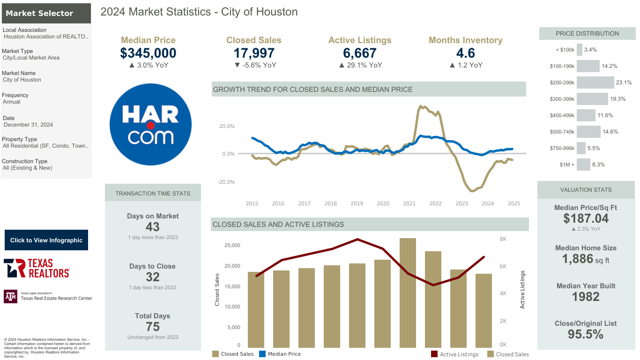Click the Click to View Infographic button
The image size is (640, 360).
(46, 240)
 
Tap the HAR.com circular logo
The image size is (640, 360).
(150, 124)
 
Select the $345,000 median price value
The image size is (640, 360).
(148, 53)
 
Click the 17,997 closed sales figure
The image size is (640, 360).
(254, 53)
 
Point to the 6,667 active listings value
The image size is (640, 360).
(360, 53)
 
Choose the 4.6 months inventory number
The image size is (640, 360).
(465, 53)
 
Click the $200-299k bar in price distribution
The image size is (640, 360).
(595, 82)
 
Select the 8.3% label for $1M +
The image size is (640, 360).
(598, 165)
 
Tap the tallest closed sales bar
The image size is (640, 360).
(408, 293)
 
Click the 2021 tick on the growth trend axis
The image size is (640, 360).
(409, 203)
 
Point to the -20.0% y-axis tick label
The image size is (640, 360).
(226, 182)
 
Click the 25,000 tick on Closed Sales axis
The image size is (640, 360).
(232, 245)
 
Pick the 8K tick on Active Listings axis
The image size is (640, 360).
(503, 239)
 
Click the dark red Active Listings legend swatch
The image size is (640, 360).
(434, 354)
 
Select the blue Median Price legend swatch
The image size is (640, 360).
(262, 354)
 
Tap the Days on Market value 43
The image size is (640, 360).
(153, 227)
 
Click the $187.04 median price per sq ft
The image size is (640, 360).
(586, 218)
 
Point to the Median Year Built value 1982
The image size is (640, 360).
(586, 297)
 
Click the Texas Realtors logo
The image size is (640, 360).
(37, 268)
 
